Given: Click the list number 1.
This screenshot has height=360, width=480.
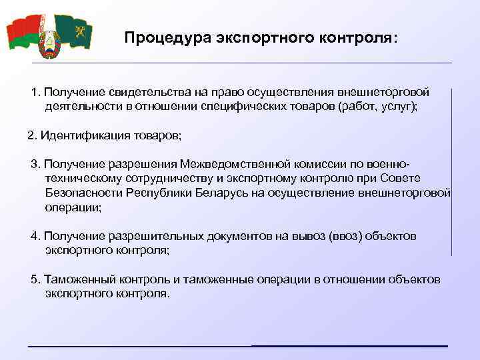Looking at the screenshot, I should click(35, 91).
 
